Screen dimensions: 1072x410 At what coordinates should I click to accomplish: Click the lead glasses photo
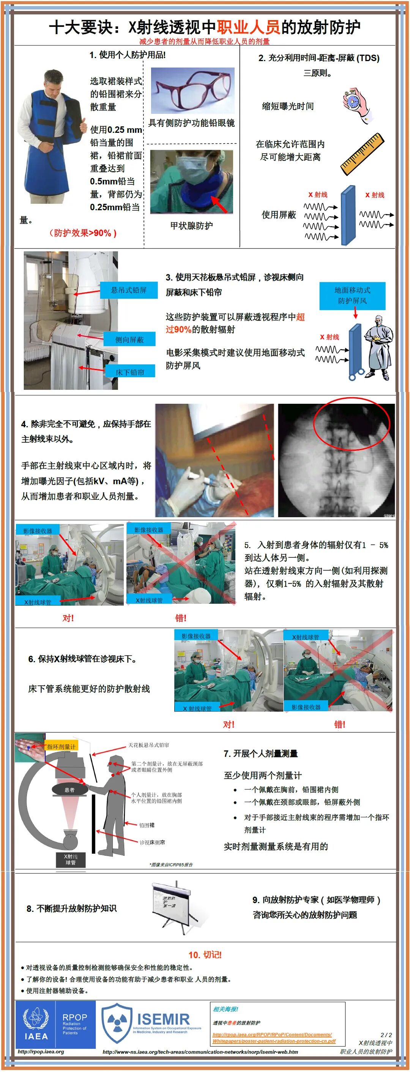192,91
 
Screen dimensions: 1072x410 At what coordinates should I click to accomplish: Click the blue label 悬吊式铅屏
129,290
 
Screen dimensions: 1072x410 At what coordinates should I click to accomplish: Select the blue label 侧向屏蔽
129,340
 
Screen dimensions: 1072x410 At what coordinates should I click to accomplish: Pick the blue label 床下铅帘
130,372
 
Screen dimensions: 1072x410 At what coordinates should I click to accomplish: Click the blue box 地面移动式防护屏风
352,296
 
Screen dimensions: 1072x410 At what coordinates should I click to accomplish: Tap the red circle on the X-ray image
351,425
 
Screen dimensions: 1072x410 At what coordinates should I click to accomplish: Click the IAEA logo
36,1025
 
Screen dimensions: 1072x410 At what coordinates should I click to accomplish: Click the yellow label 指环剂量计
61,746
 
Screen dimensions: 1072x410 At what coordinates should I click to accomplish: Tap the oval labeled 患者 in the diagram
69,790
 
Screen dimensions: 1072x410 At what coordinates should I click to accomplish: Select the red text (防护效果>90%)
83,233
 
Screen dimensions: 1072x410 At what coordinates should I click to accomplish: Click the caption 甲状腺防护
191,225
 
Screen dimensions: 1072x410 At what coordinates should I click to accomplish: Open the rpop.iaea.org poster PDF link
274,1037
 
